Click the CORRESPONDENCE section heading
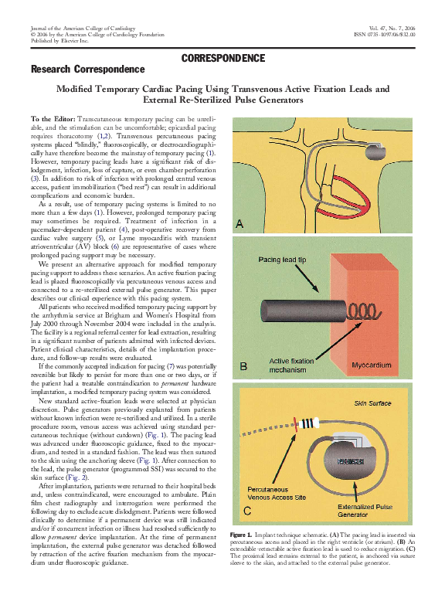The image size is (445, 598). [x=222, y=58]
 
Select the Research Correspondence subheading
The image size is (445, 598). [x=87, y=70]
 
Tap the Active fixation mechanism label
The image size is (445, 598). [x=292, y=365]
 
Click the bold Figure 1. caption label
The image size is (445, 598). [x=242, y=535]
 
